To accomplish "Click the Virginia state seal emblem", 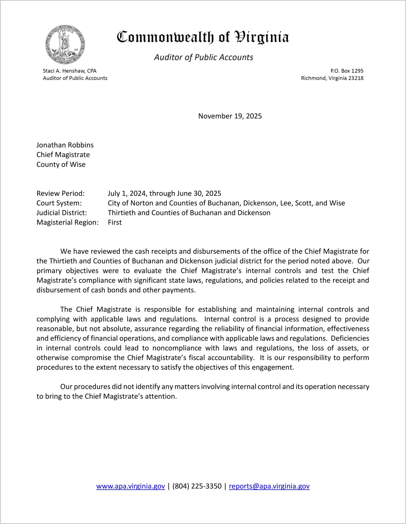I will tap(65, 45).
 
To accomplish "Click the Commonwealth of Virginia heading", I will tap(203, 37).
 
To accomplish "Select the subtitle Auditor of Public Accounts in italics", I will tap(204, 57).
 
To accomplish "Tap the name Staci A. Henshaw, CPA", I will tap(70, 71).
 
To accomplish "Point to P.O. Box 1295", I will tap(347, 71).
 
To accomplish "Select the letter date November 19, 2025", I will tap(230, 116).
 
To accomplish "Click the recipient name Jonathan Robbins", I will tap(65, 145).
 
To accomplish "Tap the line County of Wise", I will tap(61, 164).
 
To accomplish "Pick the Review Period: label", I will tap(61, 193).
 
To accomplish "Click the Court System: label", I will tap(59, 203).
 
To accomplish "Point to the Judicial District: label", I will tap(62, 213).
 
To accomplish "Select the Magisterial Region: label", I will tap(67, 223).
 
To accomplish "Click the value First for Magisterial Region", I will tap(115, 223).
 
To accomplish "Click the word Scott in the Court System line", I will tap(303, 203).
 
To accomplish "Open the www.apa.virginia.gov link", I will tap(130, 486).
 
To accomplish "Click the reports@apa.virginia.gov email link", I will tap(269, 486).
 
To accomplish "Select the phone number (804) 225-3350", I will tap(197, 486).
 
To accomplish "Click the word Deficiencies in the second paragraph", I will tap(350, 338).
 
